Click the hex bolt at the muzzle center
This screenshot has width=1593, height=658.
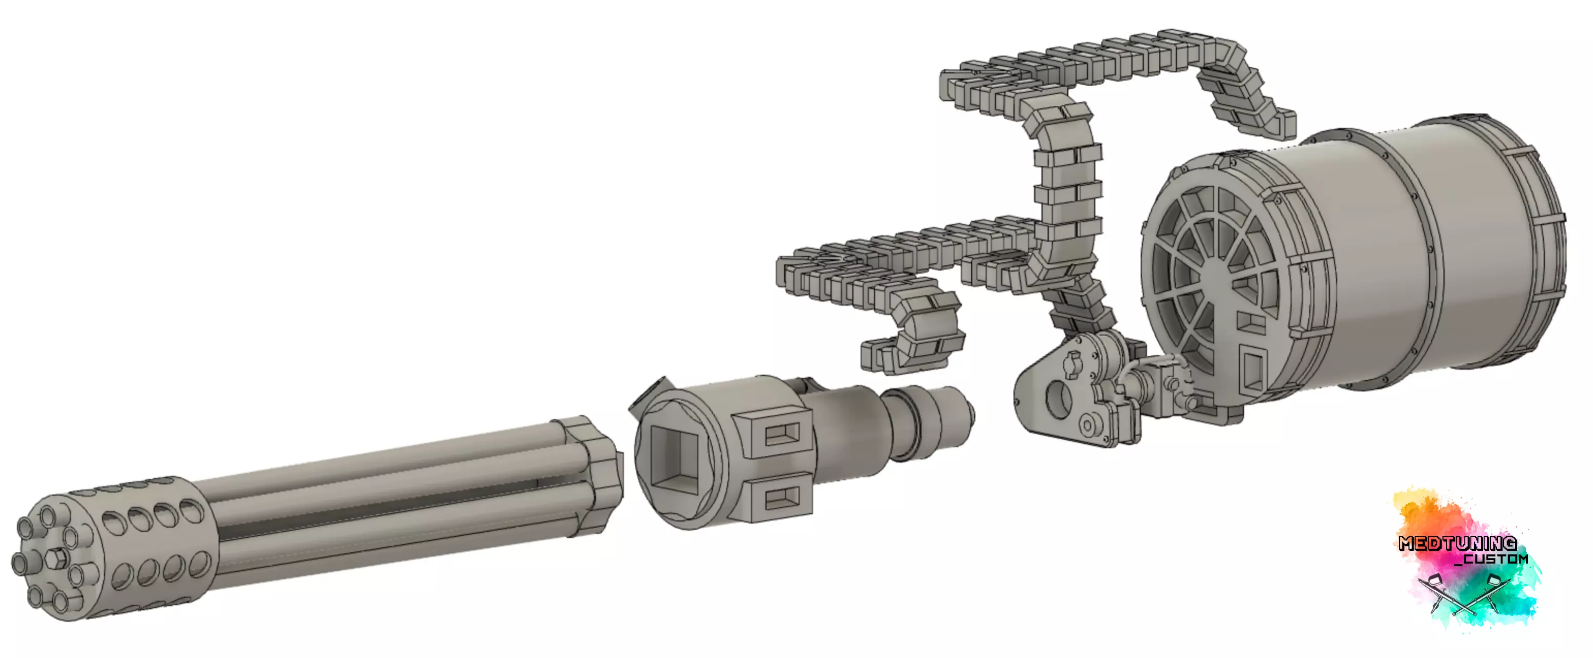[x=57, y=558]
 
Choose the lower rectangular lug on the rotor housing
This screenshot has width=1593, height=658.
[x=781, y=497]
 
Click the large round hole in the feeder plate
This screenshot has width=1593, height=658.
[x=1058, y=398]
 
